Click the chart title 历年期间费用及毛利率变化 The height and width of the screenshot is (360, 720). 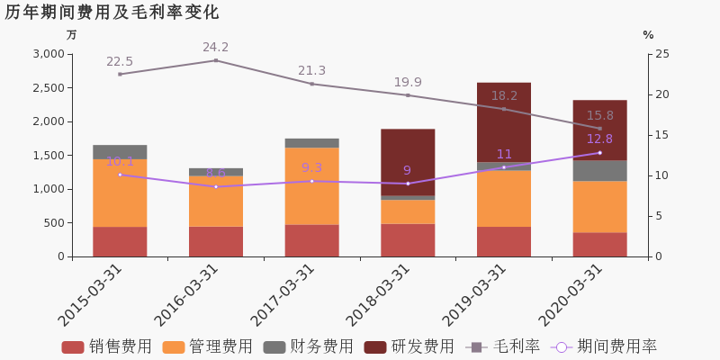pyautogui.click(x=112, y=13)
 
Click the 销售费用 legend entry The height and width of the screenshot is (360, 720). pyautogui.click(x=107, y=346)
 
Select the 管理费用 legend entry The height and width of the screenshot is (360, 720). pyautogui.click(x=208, y=346)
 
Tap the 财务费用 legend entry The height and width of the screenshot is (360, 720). pyautogui.click(x=309, y=346)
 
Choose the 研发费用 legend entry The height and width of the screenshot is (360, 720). pyautogui.click(x=409, y=346)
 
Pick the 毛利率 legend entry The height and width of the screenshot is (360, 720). pyautogui.click(x=503, y=346)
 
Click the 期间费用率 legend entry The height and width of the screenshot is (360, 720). pyautogui.click(x=604, y=346)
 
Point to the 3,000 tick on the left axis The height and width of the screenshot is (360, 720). pyautogui.click(x=47, y=54)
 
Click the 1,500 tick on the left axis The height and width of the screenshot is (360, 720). pyautogui.click(x=47, y=155)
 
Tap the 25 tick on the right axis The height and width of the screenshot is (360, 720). pyautogui.click(x=661, y=54)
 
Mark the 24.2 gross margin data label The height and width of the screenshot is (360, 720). pyautogui.click(x=216, y=48)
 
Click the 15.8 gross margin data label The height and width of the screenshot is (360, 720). pyautogui.click(x=600, y=116)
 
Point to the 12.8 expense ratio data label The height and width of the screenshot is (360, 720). pyautogui.click(x=600, y=139)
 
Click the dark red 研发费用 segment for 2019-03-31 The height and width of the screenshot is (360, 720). pyautogui.click(x=504, y=122)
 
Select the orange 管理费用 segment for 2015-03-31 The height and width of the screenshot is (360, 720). pyautogui.click(x=120, y=193)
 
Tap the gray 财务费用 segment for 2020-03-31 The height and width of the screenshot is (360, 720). pyautogui.click(x=600, y=171)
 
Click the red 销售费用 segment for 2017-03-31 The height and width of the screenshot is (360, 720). pyautogui.click(x=312, y=240)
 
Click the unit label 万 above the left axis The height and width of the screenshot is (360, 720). pyautogui.click(x=72, y=35)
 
